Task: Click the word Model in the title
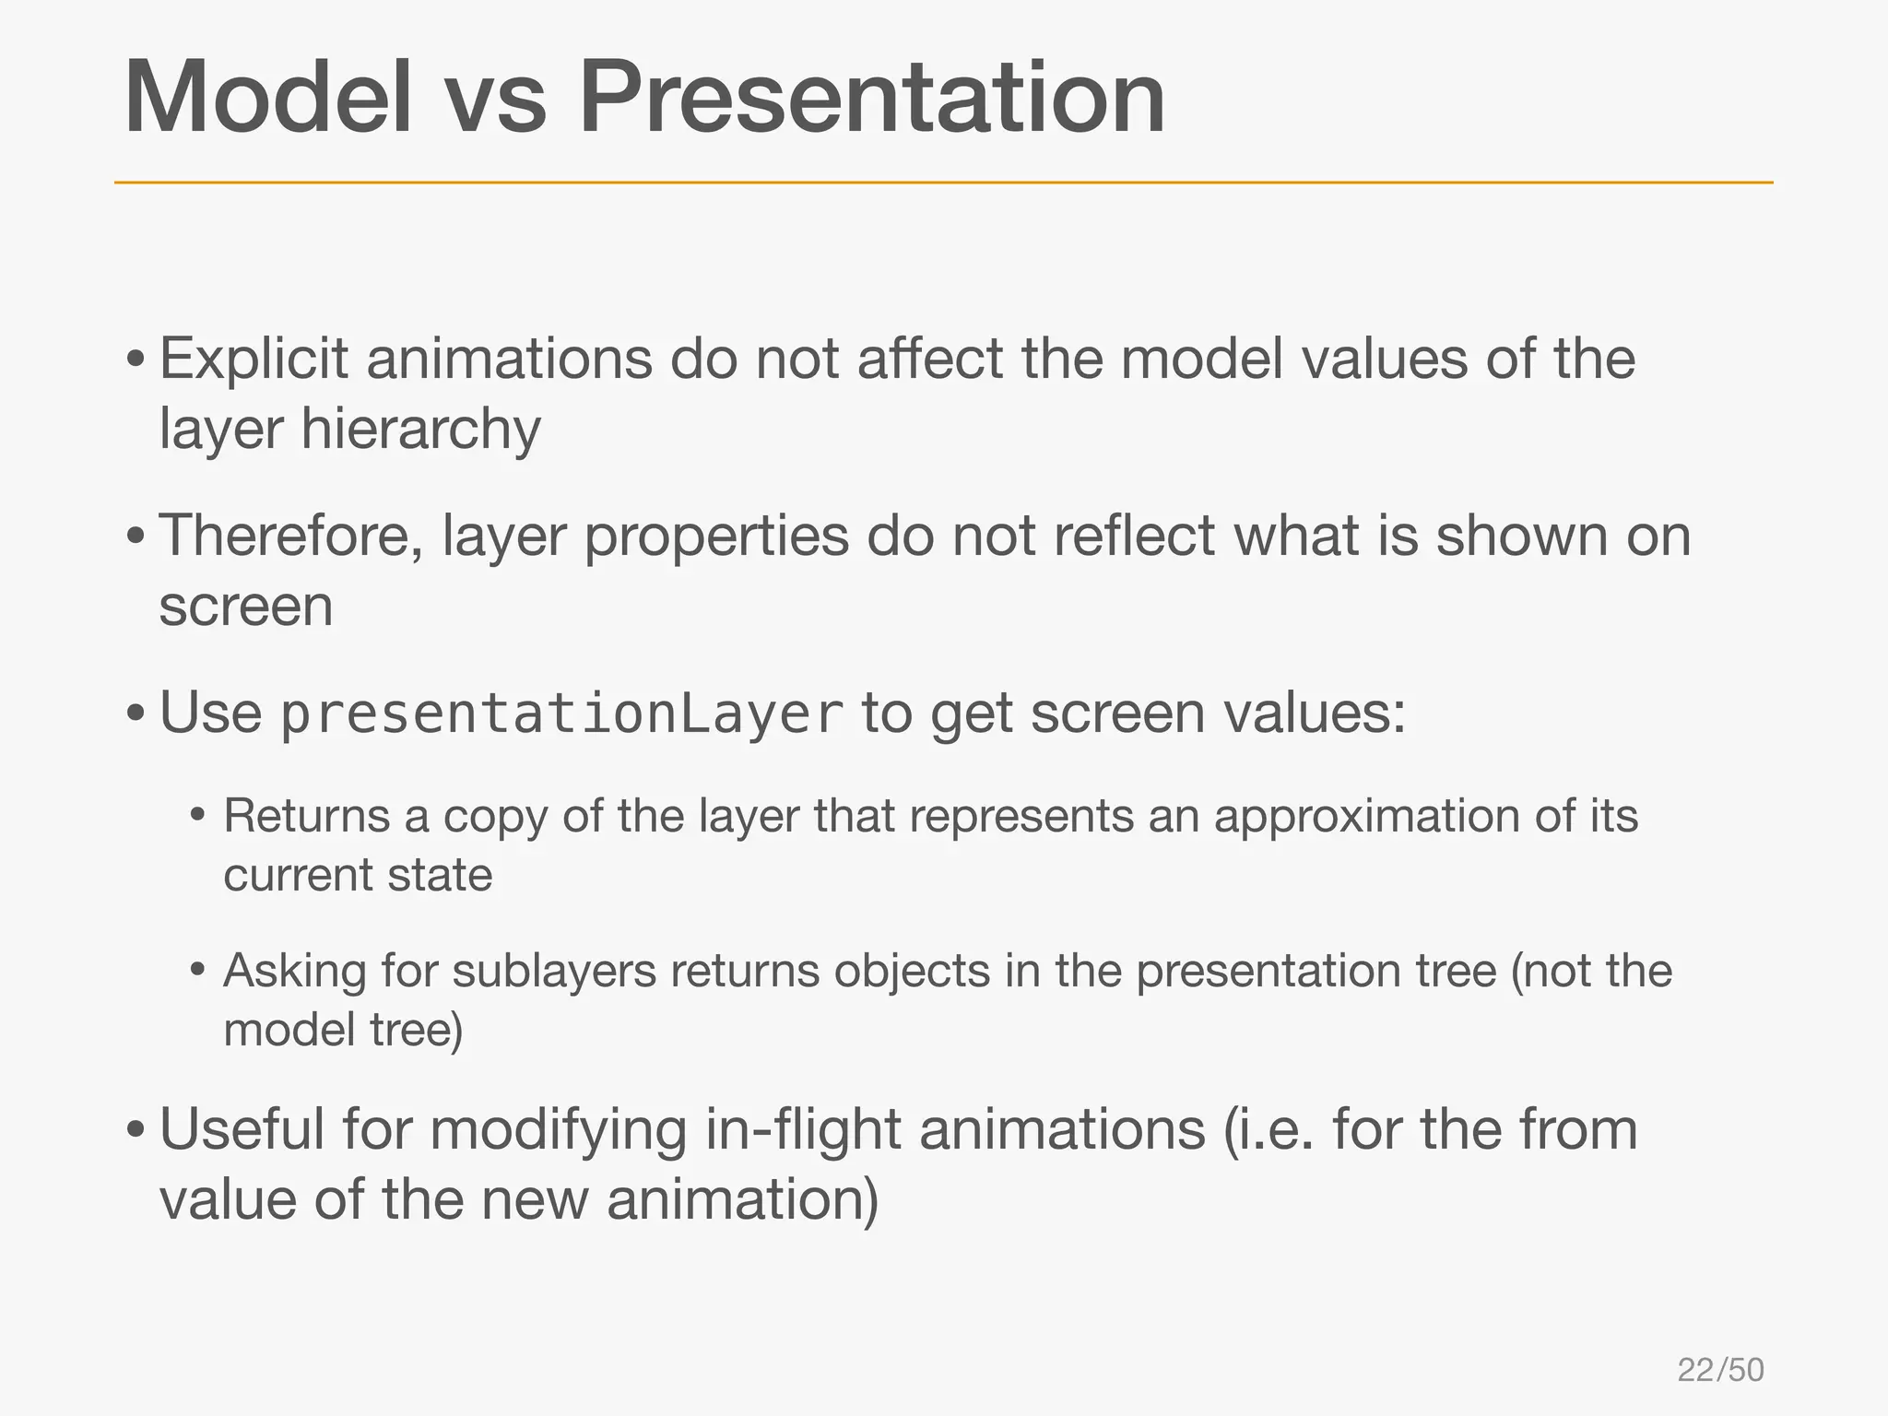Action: coord(268,98)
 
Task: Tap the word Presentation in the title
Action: coord(871,98)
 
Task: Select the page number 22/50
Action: coord(1720,1370)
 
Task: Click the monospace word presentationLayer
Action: coord(561,715)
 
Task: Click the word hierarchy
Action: coord(420,431)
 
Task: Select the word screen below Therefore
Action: coord(246,608)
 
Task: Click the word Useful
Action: coord(242,1129)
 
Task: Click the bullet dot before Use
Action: coord(136,714)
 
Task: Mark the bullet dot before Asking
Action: coord(197,971)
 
